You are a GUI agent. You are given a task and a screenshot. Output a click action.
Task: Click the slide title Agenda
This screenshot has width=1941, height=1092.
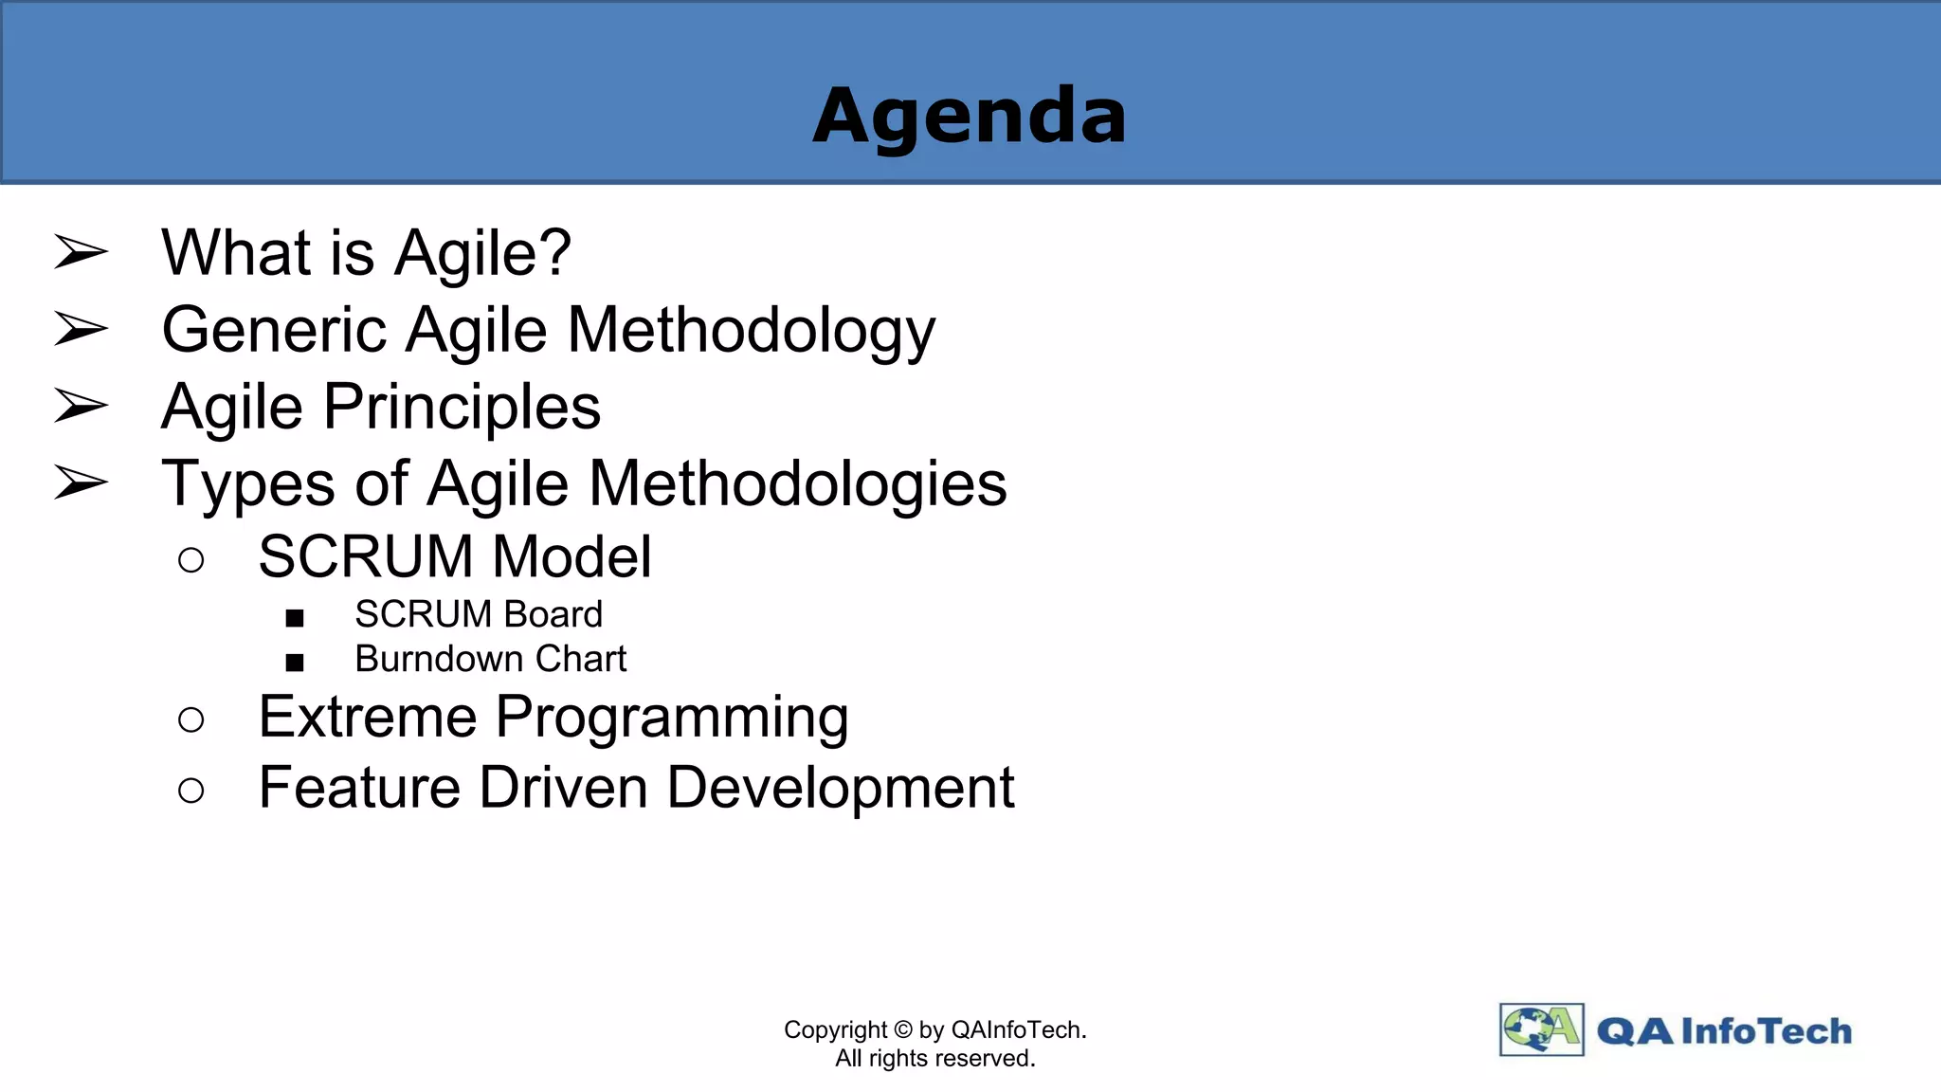[970, 116]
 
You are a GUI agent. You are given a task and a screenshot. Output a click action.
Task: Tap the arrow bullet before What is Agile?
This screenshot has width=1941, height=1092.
[82, 252]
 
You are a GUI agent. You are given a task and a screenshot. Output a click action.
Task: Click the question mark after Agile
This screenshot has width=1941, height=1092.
[553, 252]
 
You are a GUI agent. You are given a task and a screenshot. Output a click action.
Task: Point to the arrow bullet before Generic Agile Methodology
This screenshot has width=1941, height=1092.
[82, 329]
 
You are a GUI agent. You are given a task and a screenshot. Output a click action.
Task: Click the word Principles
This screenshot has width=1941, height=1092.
[463, 408]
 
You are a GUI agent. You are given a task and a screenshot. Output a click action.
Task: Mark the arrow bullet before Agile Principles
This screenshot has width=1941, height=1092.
[82, 406]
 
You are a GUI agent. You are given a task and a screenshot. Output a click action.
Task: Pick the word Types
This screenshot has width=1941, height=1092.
[248, 484]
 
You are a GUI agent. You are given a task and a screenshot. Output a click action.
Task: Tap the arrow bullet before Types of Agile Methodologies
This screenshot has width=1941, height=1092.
[82, 482]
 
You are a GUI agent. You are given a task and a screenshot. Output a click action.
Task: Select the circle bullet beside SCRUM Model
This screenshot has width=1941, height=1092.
[190, 560]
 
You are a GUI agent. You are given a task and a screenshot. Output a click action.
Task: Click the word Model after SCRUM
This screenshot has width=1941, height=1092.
[571, 556]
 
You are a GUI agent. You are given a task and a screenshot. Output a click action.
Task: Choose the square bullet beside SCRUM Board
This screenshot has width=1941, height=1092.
[295, 619]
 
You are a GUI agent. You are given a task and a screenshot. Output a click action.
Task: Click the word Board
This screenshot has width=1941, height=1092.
[553, 614]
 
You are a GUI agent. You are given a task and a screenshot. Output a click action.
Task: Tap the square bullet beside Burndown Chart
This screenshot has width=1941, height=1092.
[295, 663]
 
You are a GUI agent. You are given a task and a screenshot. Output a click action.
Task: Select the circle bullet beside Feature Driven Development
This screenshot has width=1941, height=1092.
[190, 791]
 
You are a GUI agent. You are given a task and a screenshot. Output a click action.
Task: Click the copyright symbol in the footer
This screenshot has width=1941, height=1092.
[902, 1029]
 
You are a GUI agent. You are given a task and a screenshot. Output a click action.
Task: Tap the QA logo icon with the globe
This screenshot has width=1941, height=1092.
[1541, 1029]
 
